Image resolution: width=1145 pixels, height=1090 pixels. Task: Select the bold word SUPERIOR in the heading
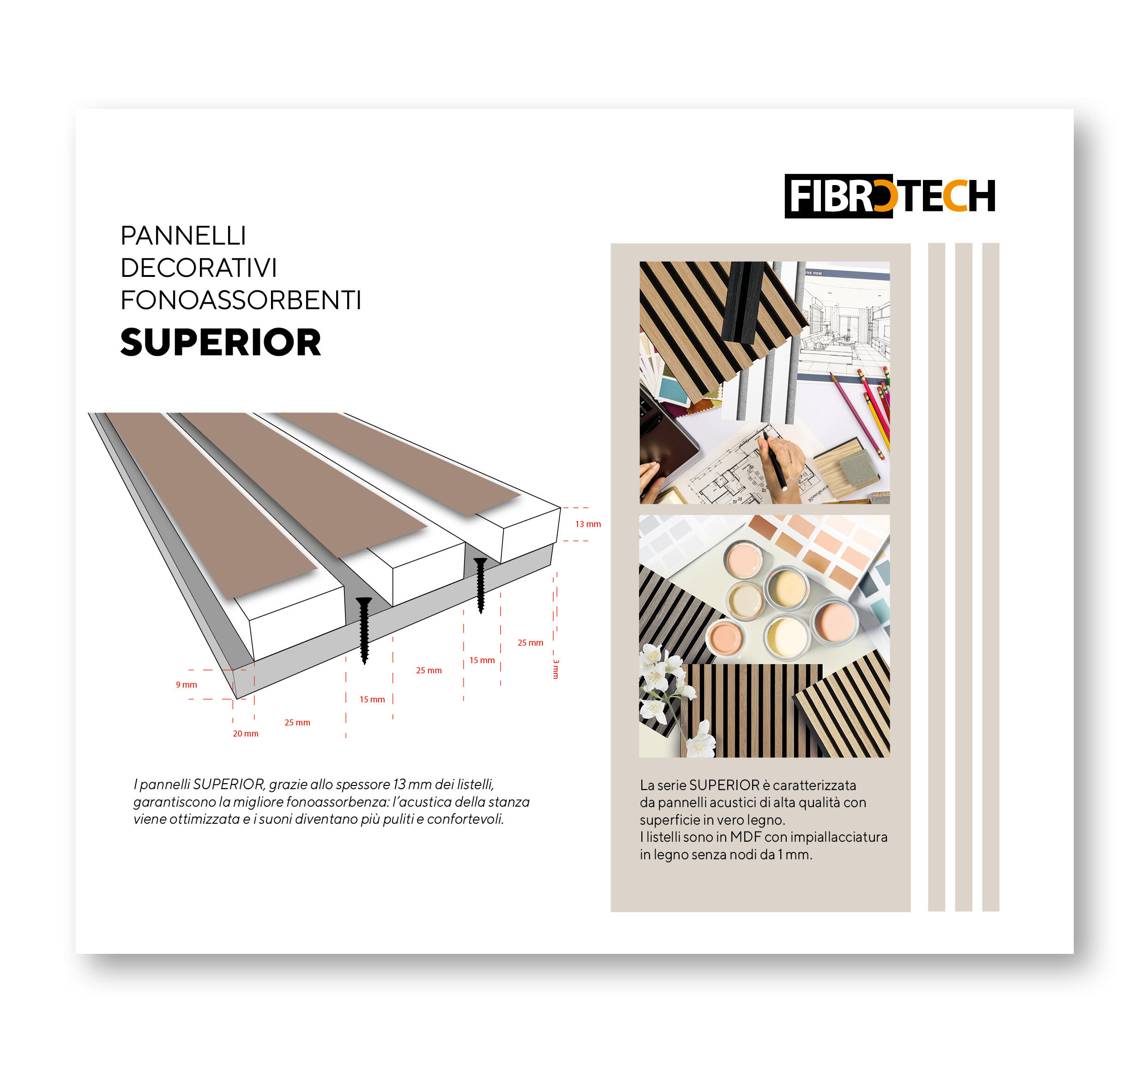click(x=220, y=342)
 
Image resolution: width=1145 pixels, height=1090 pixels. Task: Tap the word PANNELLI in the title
click(x=183, y=236)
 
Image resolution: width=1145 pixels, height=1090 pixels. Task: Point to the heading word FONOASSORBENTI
click(x=241, y=300)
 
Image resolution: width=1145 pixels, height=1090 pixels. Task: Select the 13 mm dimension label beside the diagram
click(x=588, y=524)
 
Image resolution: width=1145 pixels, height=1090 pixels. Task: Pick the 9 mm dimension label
click(x=186, y=684)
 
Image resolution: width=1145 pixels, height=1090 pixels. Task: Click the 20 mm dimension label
click(x=245, y=733)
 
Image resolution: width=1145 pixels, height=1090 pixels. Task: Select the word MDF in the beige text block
click(x=745, y=837)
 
